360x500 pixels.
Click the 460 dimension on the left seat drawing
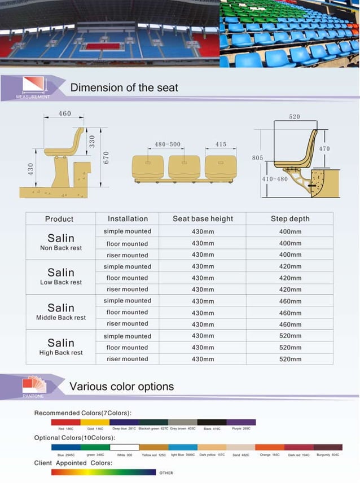65,114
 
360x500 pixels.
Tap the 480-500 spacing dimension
168,144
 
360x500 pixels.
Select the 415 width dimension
221,144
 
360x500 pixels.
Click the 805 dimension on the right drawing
257,158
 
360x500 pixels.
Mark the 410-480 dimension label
275,179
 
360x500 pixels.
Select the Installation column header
128,219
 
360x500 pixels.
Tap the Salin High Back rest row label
61,347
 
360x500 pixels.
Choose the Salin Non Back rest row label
61,242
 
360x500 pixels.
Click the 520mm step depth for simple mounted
290,336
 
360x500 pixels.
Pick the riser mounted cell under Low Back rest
128,290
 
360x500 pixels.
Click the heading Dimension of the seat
124,87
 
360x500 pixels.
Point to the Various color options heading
121,387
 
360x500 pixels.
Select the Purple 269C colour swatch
241,422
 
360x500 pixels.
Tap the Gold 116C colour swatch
95,422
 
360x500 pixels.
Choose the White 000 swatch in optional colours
124,447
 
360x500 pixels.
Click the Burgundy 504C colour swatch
327,447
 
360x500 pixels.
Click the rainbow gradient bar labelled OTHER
103,472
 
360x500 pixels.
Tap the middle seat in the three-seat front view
183,167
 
